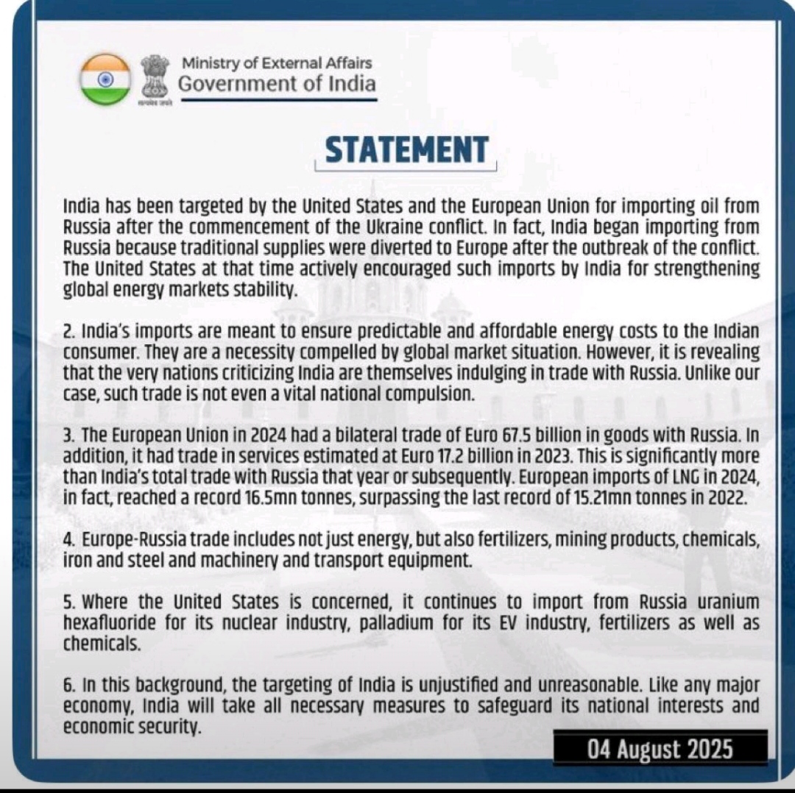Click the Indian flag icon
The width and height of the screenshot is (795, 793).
pos(105,79)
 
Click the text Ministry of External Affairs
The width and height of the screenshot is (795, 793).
pos(277,63)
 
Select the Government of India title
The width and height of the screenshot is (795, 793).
pos(277,83)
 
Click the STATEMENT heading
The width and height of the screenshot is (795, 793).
pos(406,150)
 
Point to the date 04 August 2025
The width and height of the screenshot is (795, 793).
pos(660,750)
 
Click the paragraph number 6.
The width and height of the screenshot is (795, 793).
pos(68,684)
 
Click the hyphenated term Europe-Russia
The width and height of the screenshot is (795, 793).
pos(135,539)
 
